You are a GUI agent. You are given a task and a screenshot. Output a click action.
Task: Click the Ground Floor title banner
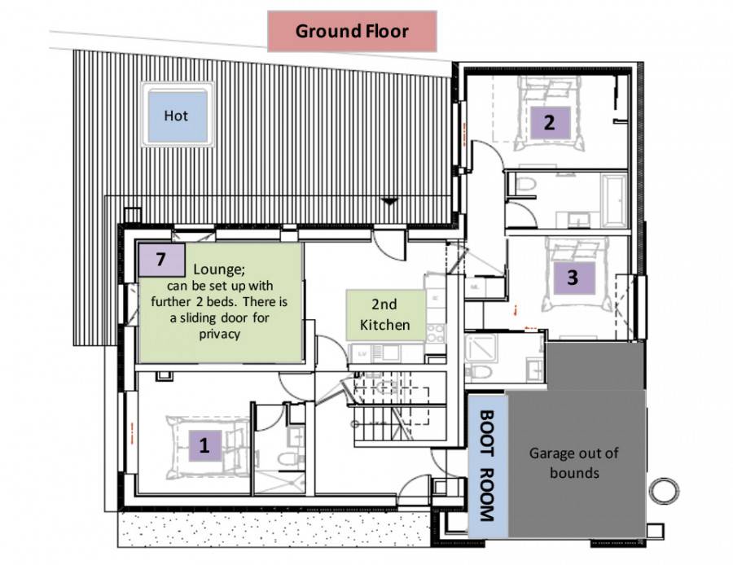(352, 32)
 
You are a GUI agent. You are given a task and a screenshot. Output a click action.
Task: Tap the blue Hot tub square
(176, 116)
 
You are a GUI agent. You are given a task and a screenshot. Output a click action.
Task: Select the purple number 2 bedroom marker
(550, 123)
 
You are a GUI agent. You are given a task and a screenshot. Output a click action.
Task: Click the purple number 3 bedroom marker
(572, 277)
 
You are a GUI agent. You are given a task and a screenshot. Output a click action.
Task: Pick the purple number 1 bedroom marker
(204, 445)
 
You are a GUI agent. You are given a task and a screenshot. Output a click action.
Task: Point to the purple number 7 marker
(160, 260)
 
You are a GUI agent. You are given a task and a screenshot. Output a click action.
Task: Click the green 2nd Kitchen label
(384, 315)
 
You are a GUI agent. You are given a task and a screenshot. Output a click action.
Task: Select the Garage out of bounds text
(575, 462)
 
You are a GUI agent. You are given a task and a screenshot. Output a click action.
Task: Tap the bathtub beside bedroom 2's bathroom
(613, 199)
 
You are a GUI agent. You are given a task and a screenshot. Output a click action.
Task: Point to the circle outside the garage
(664, 491)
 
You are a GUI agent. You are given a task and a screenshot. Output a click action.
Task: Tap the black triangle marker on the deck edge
(390, 200)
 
